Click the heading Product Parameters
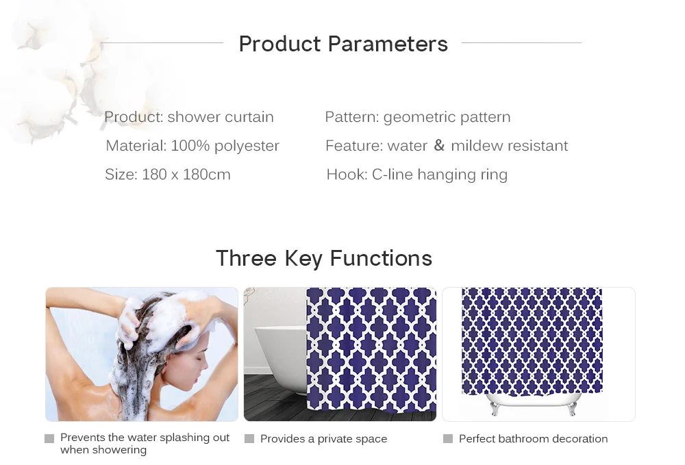tap(343, 44)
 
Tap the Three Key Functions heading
tap(324, 258)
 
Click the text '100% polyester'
tap(225, 146)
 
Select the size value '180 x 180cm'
tap(186, 175)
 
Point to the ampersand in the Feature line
tap(439, 145)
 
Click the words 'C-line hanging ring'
tap(440, 175)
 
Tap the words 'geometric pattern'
tap(447, 117)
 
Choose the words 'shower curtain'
tap(221, 117)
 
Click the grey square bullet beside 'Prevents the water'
tap(49, 438)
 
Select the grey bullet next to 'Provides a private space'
tap(249, 438)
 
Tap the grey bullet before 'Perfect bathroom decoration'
tap(448, 438)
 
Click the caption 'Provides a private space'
tap(324, 439)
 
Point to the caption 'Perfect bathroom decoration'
tap(533, 439)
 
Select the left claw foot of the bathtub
tap(494, 409)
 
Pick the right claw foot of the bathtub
tap(572, 409)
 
